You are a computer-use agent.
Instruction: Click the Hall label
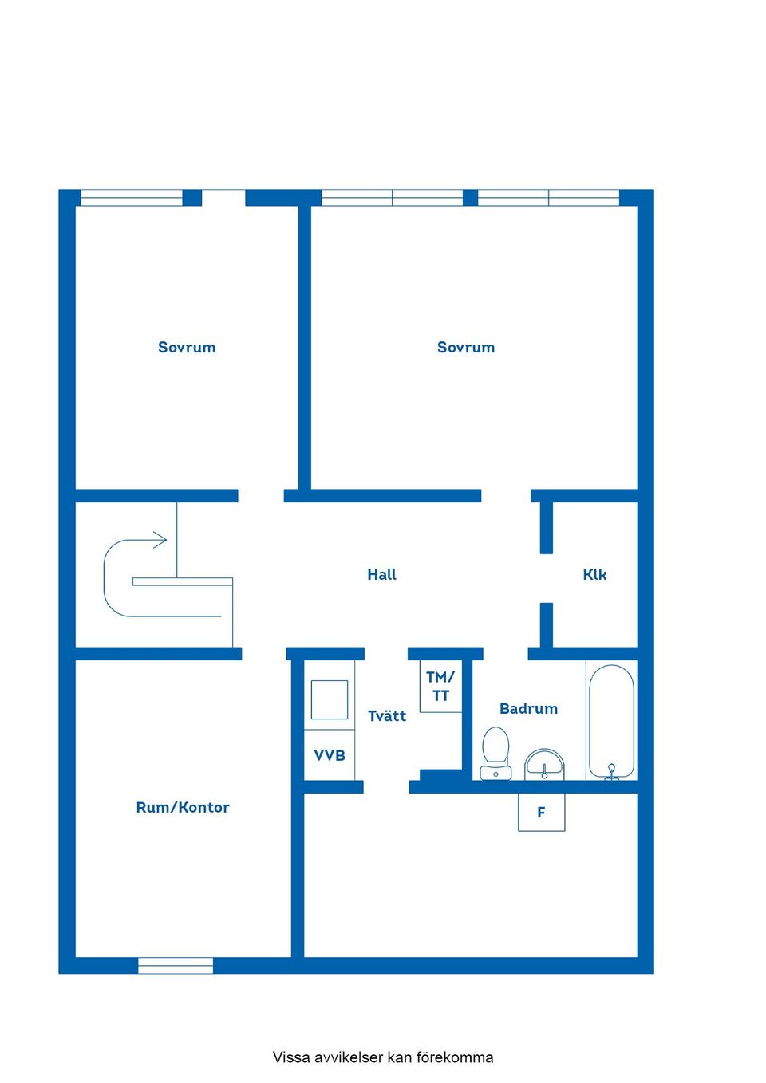[x=381, y=574]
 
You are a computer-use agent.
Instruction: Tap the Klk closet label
[x=594, y=574]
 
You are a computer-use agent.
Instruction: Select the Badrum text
[x=528, y=708]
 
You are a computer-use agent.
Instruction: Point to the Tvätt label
[x=387, y=716]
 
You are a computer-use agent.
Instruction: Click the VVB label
[x=330, y=755]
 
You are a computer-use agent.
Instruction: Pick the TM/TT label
[x=440, y=687]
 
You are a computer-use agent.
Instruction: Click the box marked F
[x=541, y=812]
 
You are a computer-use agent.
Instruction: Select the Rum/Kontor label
[x=183, y=807]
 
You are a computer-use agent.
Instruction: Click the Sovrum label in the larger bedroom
[x=466, y=347]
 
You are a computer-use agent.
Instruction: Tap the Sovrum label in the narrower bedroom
[x=187, y=347]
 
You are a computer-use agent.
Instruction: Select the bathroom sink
[x=544, y=764]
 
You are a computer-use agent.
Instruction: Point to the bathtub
[x=611, y=718]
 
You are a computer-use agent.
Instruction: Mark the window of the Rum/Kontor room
[x=176, y=965]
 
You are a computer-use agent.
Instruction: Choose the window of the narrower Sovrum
[x=132, y=198]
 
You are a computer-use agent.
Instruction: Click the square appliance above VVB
[x=329, y=699]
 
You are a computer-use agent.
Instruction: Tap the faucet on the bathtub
[x=611, y=770]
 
